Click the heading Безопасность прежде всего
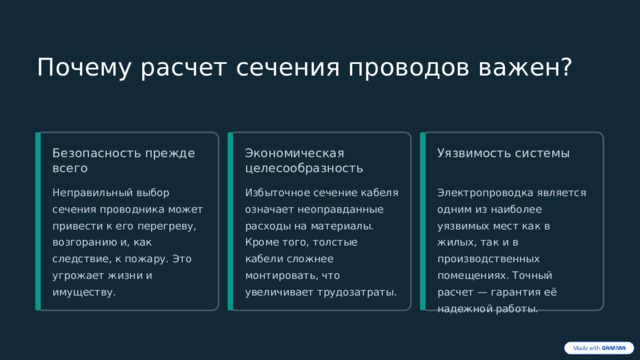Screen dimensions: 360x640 coord(123,161)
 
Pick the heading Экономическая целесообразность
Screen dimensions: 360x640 coord(304,161)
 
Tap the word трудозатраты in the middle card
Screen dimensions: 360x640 coord(358,292)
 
